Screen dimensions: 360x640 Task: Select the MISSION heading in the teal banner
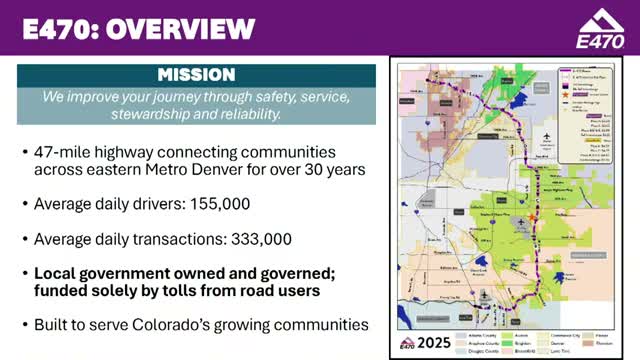pos(196,75)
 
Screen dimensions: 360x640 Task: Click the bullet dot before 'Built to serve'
pos(24,325)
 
